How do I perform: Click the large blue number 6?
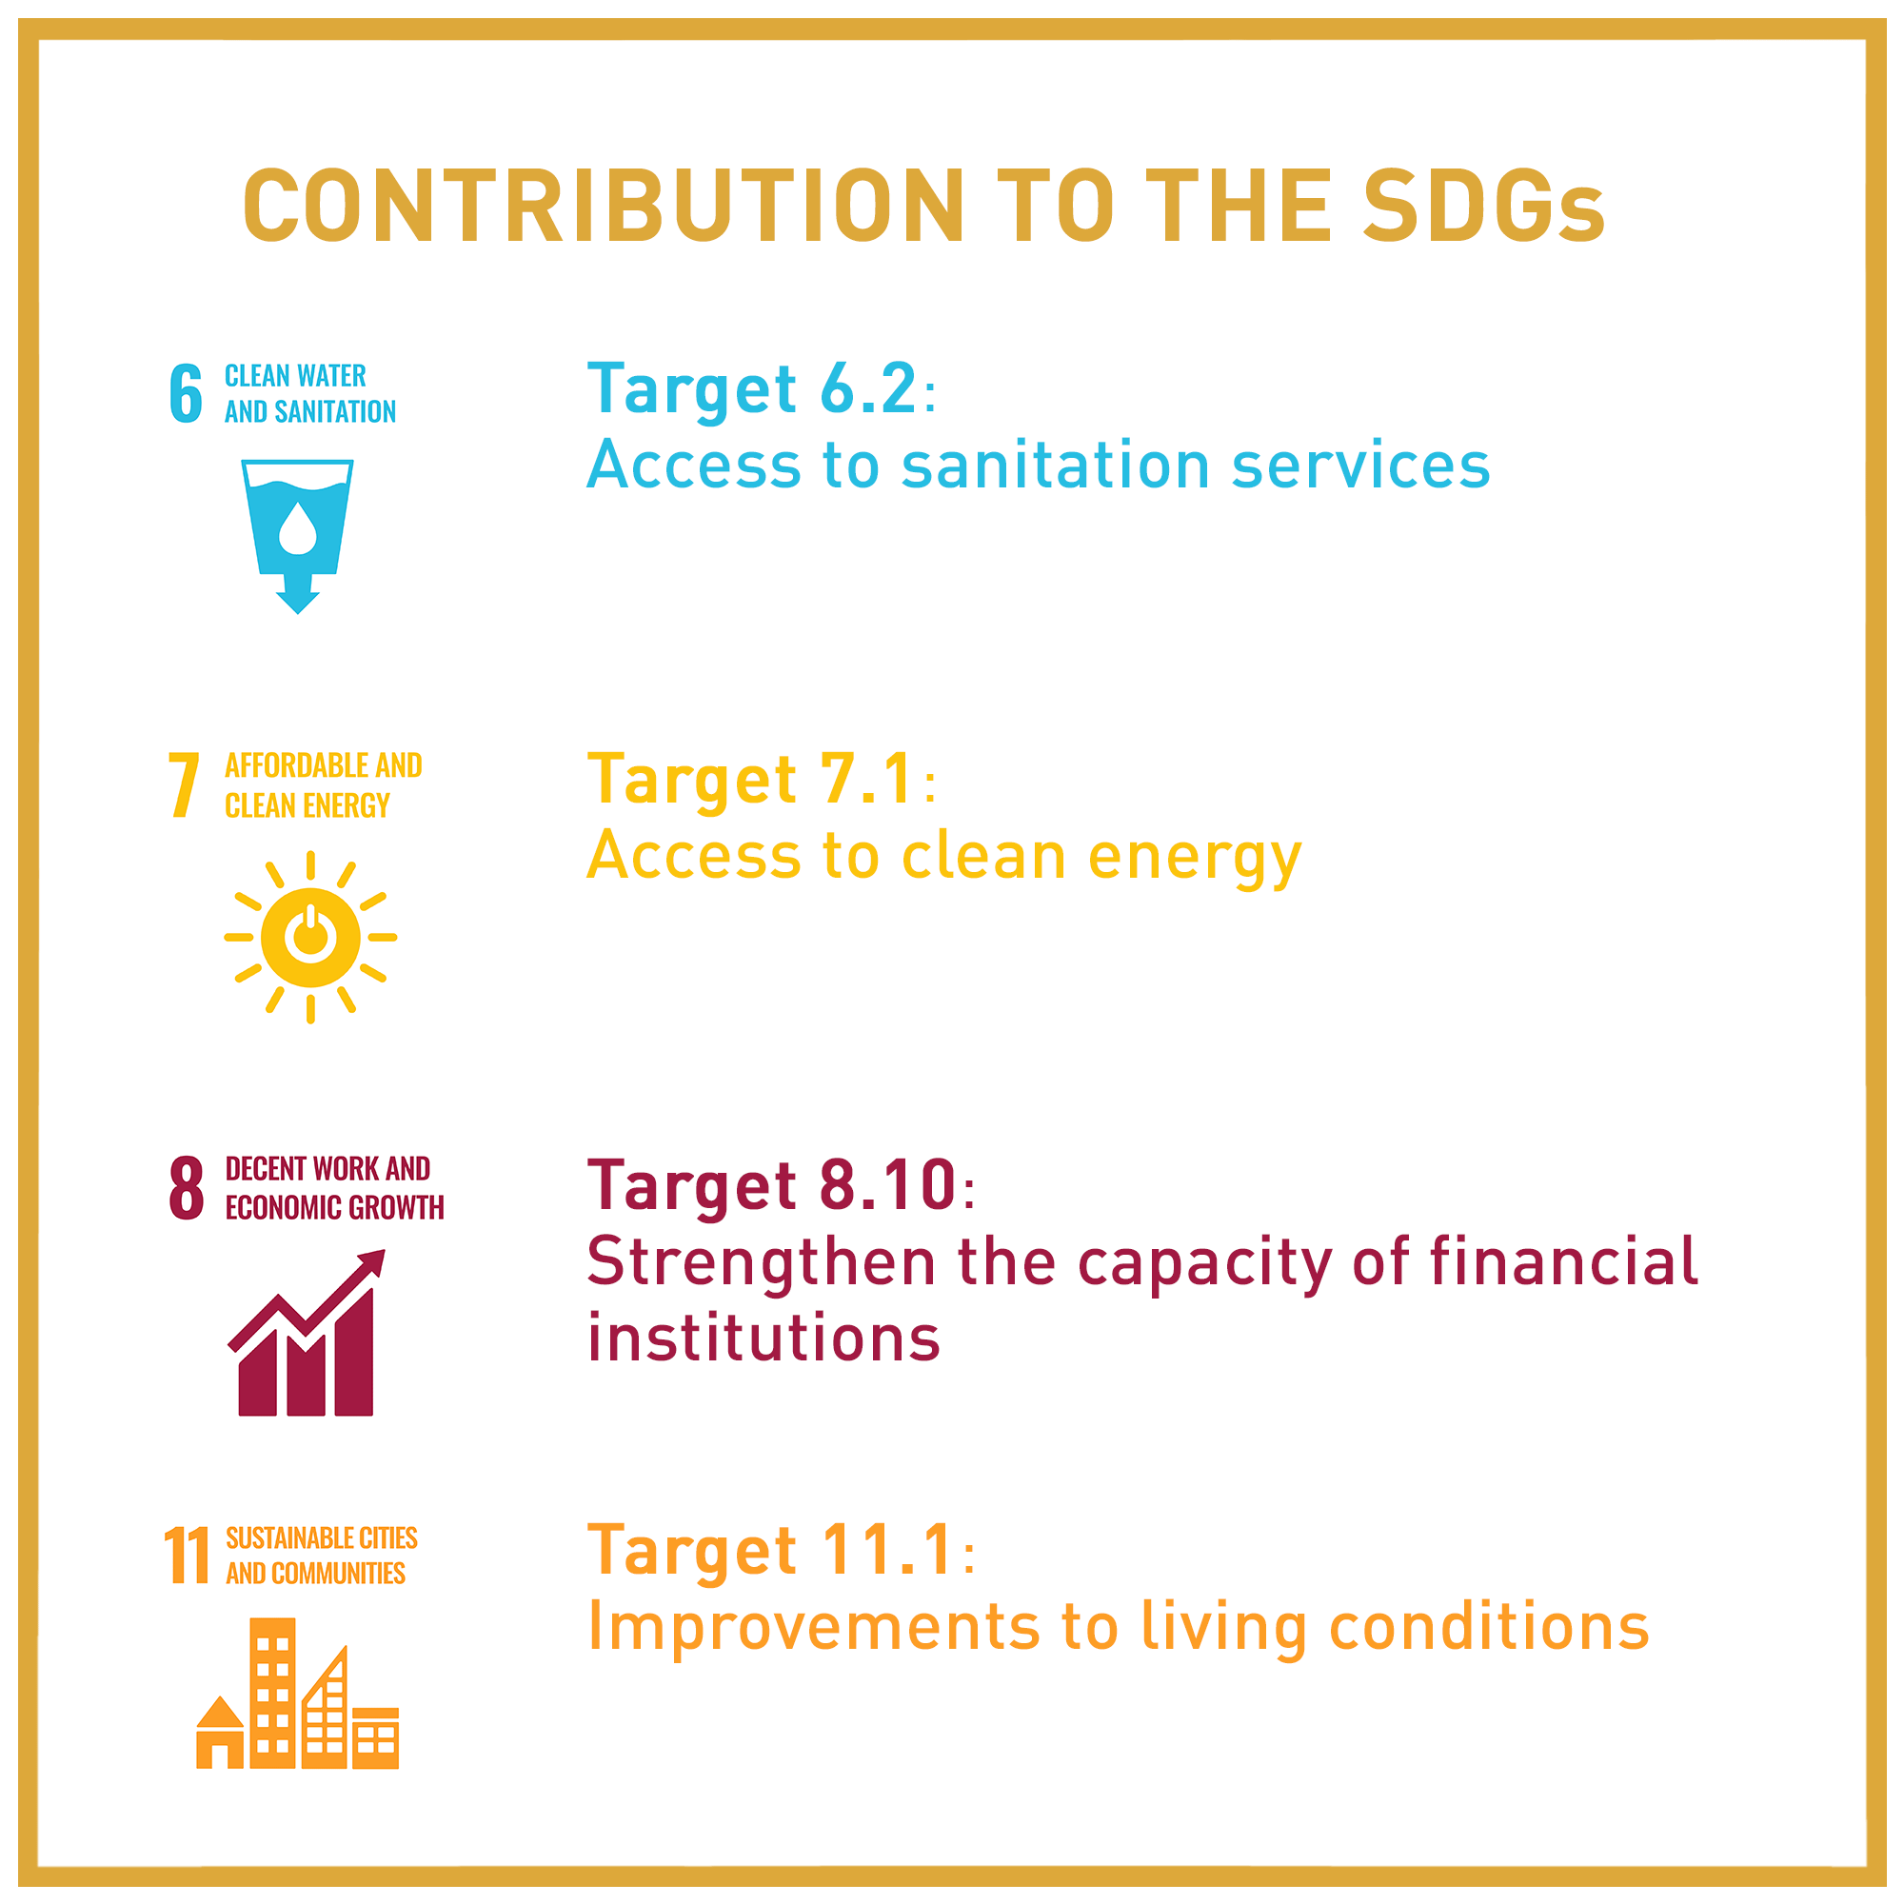tap(187, 393)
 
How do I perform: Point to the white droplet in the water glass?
tap(298, 528)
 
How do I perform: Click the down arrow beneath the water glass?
tap(298, 594)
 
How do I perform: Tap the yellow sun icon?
tap(310, 937)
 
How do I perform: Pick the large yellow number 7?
tap(185, 785)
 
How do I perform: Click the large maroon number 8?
tap(187, 1188)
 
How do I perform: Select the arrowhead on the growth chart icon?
tap(371, 1263)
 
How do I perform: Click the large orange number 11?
tap(187, 1555)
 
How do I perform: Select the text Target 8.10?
tap(772, 1185)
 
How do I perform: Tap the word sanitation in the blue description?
tap(1056, 466)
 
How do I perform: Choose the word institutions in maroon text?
tap(764, 1338)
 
